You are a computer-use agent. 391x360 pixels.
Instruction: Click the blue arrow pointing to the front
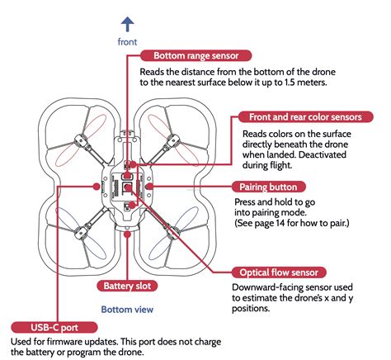(x=128, y=24)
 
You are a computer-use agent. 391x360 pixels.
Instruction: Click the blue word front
(x=127, y=42)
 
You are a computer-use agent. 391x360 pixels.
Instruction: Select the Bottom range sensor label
(x=195, y=55)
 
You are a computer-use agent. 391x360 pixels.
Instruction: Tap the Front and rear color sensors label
(x=305, y=117)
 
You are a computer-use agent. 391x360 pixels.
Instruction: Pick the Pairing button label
(x=268, y=187)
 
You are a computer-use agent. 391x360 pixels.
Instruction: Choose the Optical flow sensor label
(x=279, y=272)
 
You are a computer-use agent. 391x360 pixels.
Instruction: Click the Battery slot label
(x=127, y=286)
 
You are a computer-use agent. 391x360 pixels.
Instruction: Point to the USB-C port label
(x=54, y=328)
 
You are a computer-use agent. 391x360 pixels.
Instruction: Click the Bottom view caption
(x=127, y=310)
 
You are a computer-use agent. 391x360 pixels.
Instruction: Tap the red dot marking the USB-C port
(x=97, y=187)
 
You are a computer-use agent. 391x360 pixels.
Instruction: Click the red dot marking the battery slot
(x=127, y=234)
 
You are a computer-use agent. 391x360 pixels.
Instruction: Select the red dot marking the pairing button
(x=149, y=187)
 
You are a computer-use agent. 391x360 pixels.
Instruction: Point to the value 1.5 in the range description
(x=282, y=83)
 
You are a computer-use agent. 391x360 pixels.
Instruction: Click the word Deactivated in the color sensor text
(x=322, y=154)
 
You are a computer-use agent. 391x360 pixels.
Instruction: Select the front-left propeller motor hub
(x=82, y=141)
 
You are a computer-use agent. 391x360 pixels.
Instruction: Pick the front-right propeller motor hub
(x=172, y=141)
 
